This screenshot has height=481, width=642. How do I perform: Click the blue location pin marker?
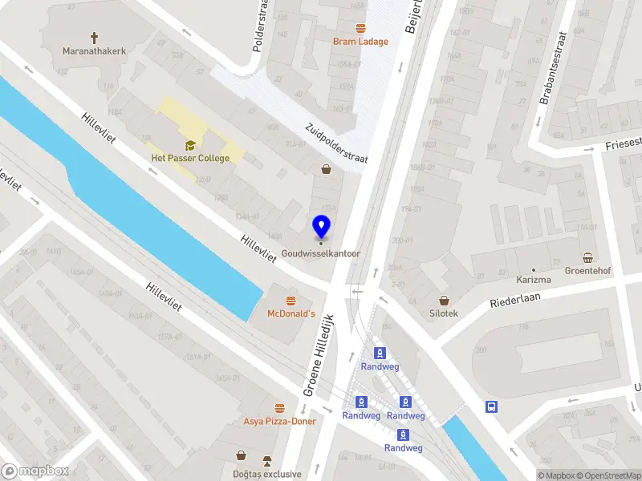[321, 228]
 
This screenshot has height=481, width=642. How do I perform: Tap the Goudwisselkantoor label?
[321, 255]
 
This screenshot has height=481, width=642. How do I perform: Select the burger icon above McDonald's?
[290, 301]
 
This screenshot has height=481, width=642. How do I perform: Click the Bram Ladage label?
[360, 42]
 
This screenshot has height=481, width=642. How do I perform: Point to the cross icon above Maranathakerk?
[95, 38]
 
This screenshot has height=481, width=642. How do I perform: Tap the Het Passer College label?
[190, 158]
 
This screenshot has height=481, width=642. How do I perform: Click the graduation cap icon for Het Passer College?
[190, 145]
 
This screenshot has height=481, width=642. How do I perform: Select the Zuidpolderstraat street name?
[336, 143]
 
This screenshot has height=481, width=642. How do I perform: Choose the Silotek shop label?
[443, 313]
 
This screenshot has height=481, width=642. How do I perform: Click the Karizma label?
[533, 280]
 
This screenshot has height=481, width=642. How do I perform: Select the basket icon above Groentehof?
[588, 257]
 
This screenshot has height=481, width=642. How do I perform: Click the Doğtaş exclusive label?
[267, 474]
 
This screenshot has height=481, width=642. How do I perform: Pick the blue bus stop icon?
[490, 406]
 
